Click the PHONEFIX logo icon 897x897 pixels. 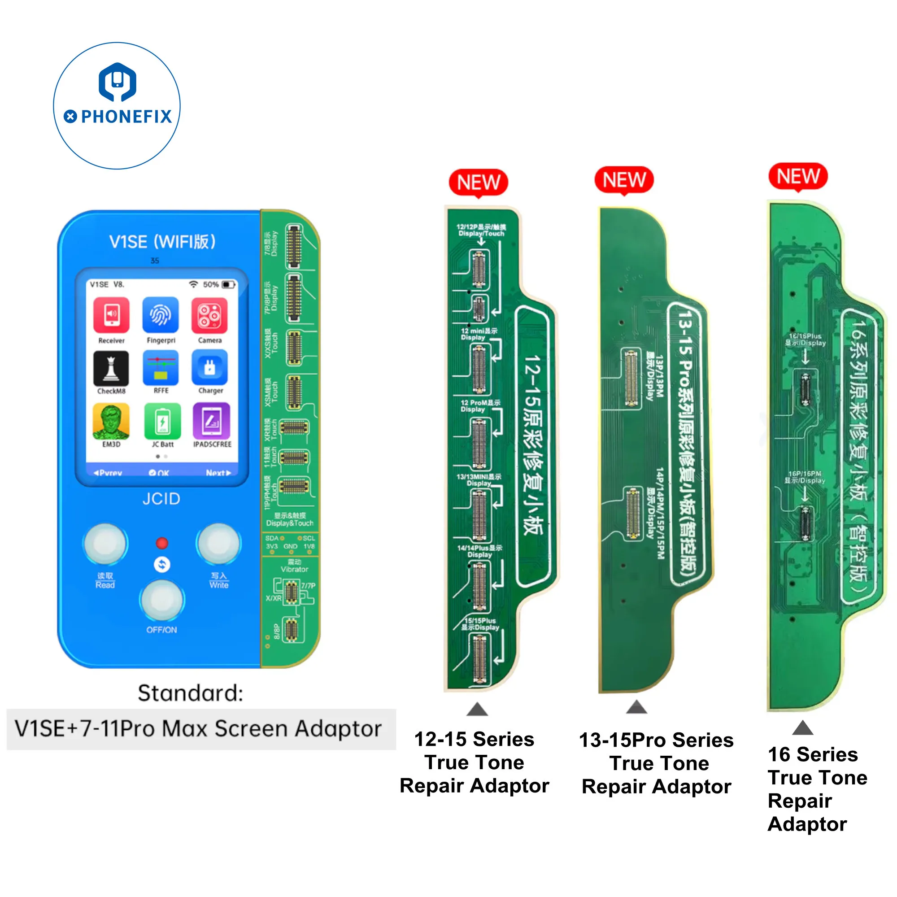117,82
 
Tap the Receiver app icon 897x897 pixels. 111,315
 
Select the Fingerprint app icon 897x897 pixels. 161,315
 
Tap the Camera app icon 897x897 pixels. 209,315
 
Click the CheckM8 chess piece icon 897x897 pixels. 111,368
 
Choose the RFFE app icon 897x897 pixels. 161,368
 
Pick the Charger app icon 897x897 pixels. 209,368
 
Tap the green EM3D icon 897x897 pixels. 111,421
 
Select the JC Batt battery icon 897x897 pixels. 162,421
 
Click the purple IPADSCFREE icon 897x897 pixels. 212,421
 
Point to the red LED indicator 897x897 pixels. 162,543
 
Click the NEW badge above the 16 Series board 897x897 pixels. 798,176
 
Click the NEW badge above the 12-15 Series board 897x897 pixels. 478,183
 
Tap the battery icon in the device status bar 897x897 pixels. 228,285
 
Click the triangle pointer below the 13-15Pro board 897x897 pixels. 636,707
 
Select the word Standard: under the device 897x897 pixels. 190,693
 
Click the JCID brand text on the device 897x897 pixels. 161,499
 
